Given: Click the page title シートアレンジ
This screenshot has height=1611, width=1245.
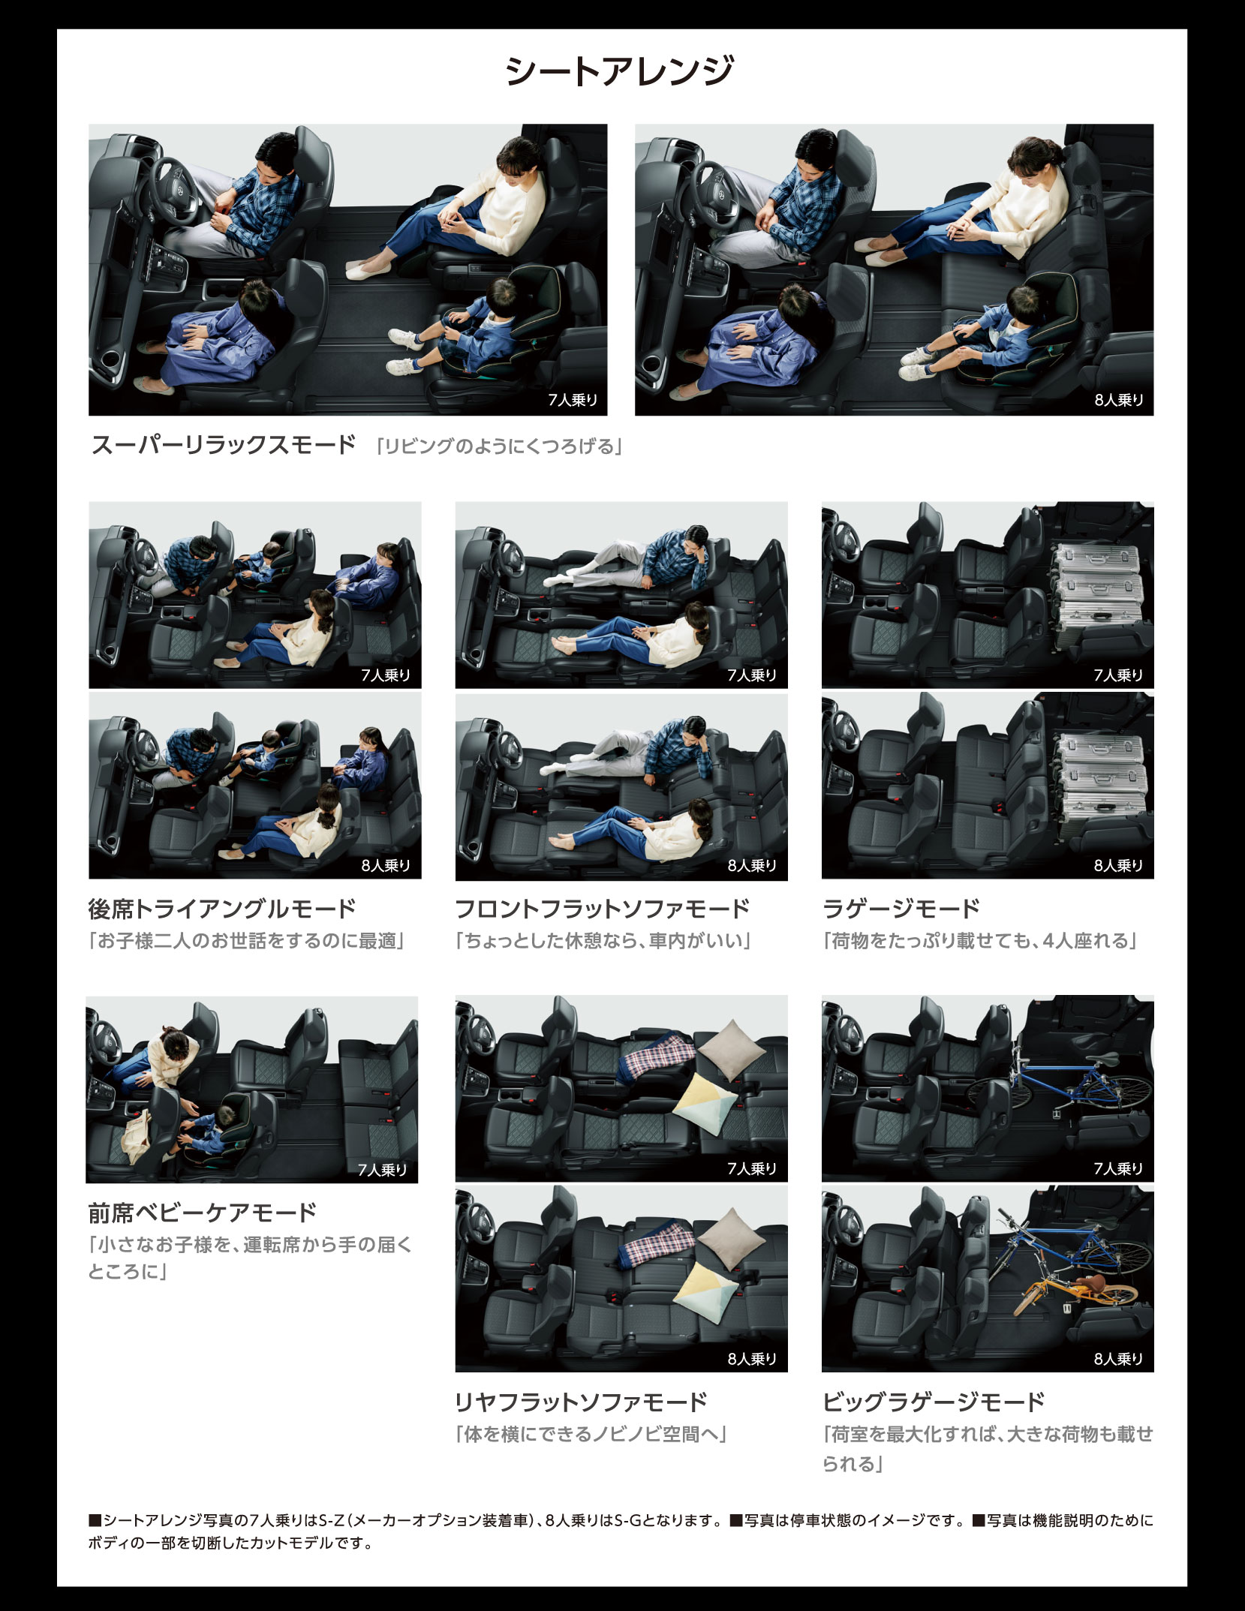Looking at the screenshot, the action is [x=619, y=71].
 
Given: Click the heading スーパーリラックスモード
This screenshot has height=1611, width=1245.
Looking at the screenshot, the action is [x=223, y=445].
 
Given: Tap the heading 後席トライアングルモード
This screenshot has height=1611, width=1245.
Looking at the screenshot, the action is [x=222, y=909].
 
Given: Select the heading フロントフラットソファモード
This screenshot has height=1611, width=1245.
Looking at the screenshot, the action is [x=603, y=909].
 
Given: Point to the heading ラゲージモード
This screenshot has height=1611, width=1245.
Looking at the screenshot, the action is [x=901, y=909].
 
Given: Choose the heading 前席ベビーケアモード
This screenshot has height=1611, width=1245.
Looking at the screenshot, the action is [x=203, y=1213].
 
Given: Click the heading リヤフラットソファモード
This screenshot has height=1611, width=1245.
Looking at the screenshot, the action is [x=582, y=1402].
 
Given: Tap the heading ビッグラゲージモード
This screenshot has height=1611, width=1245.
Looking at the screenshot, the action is [x=934, y=1402].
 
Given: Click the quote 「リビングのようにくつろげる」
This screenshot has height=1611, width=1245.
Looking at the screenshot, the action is [x=499, y=447].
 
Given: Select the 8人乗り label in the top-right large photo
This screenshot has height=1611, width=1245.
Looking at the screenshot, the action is [x=1118, y=400].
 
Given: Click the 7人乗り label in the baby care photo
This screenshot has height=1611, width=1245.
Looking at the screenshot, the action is [x=382, y=1170].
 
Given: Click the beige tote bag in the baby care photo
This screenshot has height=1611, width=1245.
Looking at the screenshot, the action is [x=137, y=1137].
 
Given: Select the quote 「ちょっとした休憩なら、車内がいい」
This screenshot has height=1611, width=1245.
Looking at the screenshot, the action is [x=603, y=941].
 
